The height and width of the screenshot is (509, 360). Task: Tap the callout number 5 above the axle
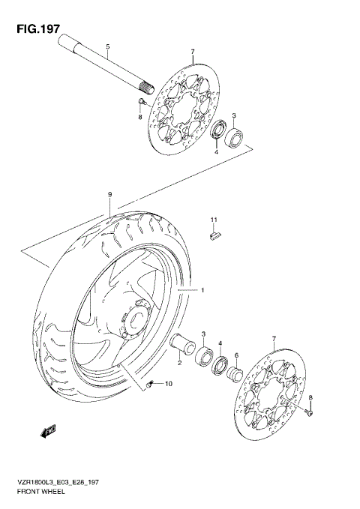[107, 47]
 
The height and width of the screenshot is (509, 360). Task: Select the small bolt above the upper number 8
[141, 101]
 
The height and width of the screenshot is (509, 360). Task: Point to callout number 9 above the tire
[109, 195]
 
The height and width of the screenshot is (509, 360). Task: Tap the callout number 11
[213, 220]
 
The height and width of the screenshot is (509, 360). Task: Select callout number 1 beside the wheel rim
[200, 289]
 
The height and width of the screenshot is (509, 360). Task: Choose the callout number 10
[168, 385]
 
